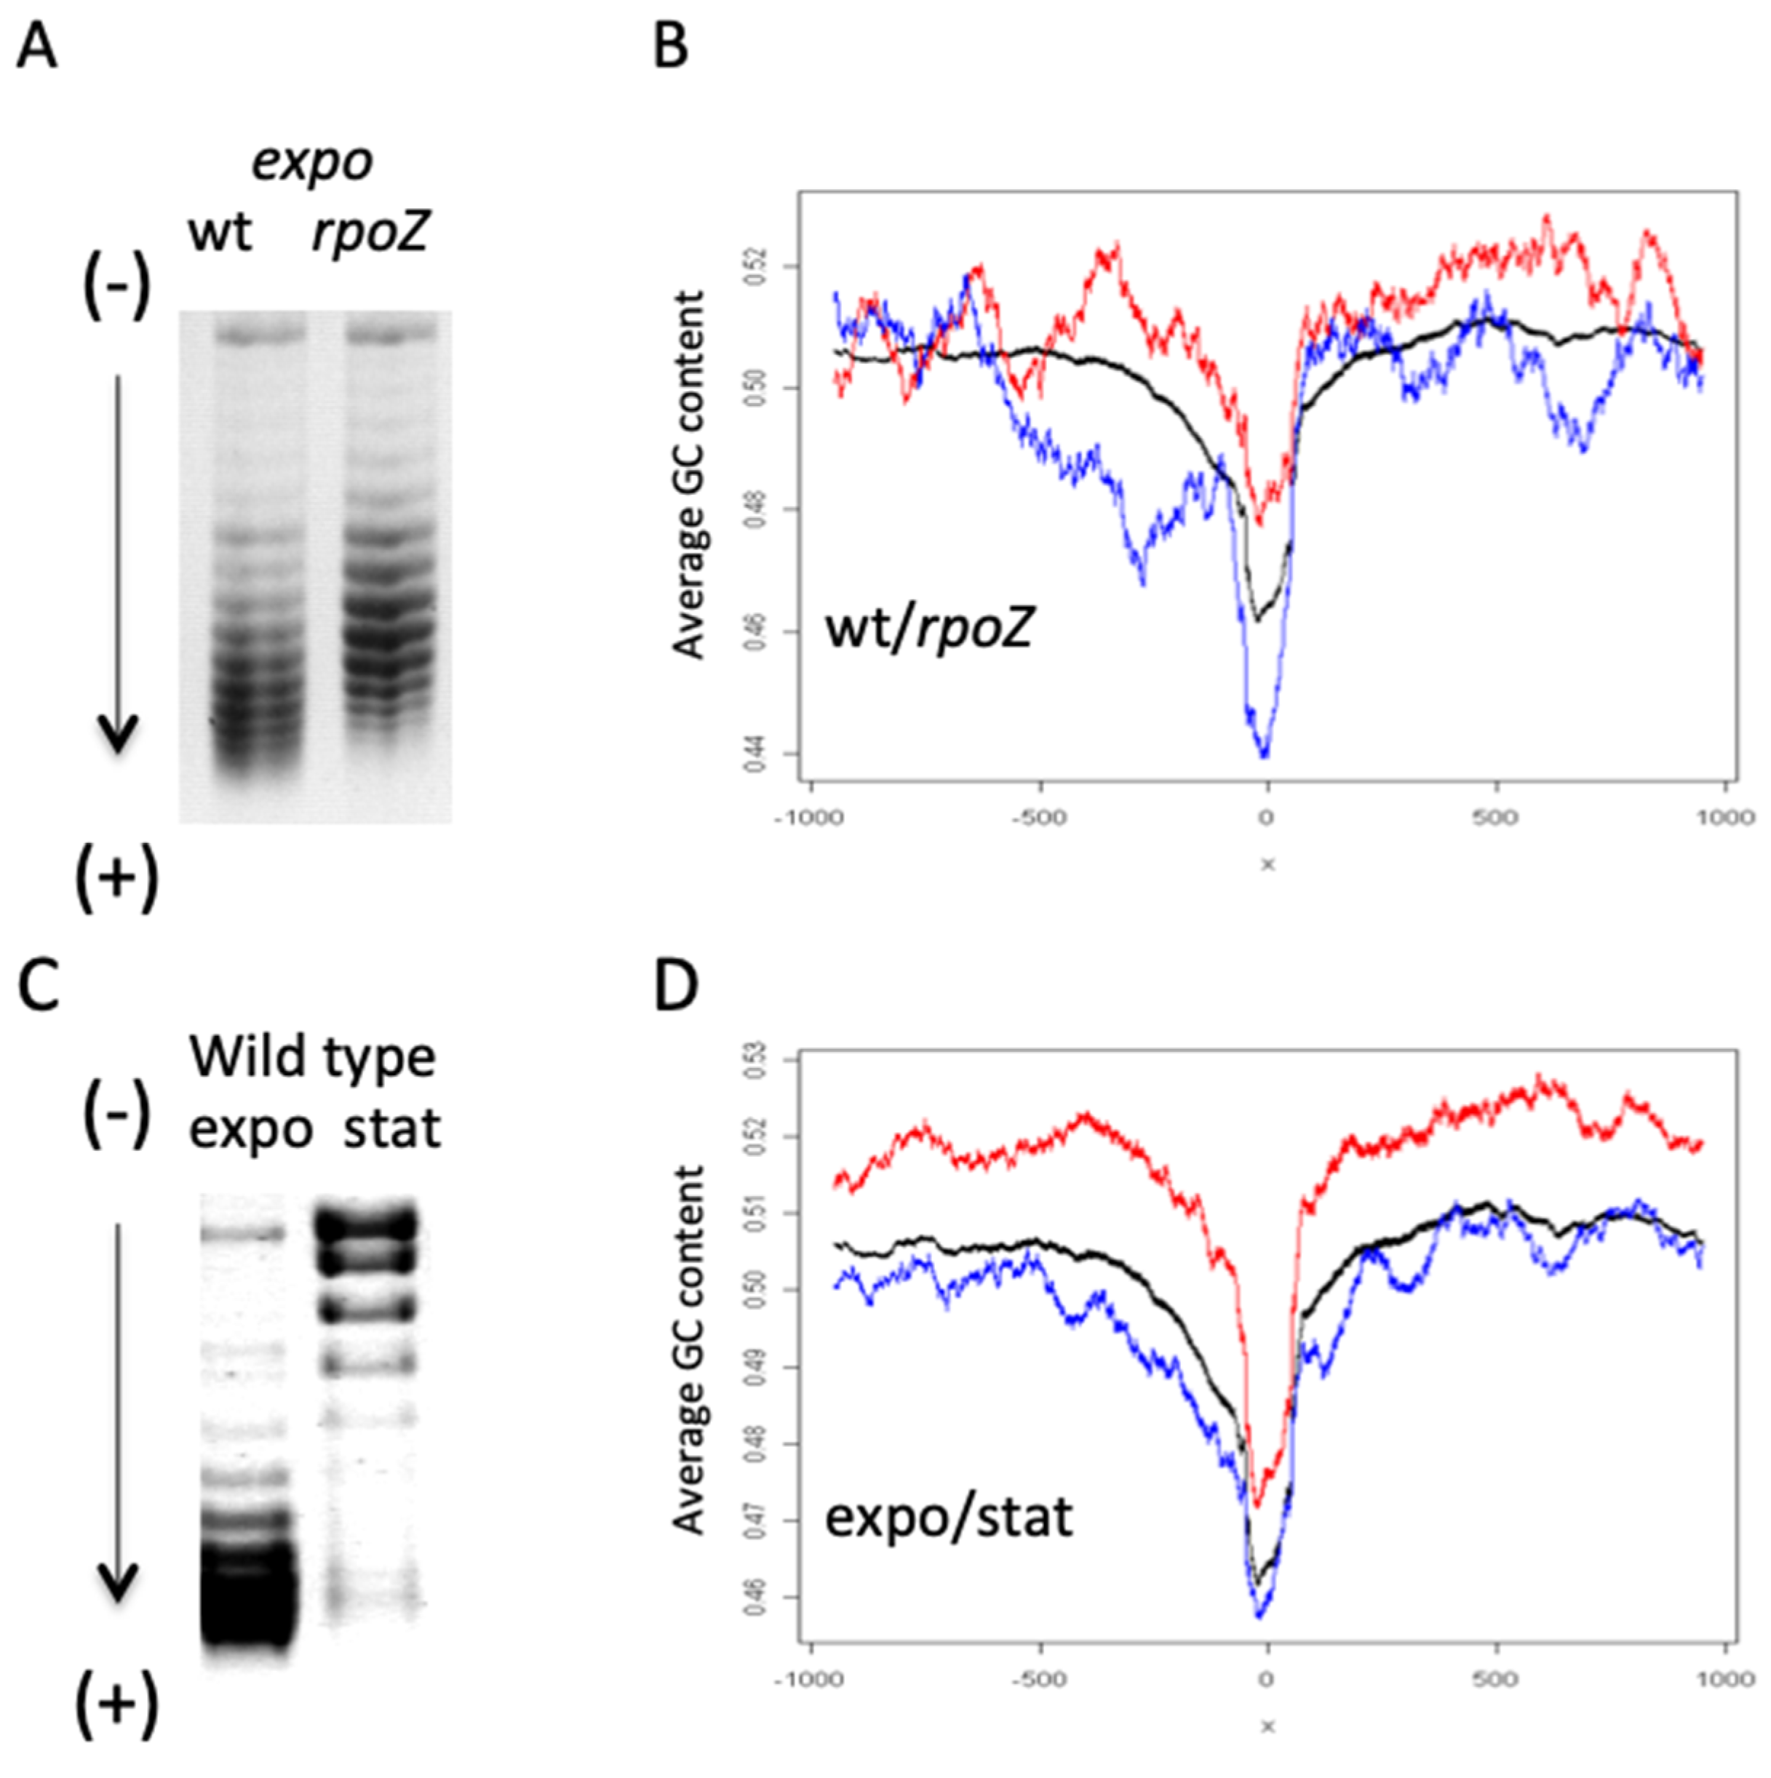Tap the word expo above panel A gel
click(x=313, y=164)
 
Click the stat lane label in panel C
click(x=392, y=1128)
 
